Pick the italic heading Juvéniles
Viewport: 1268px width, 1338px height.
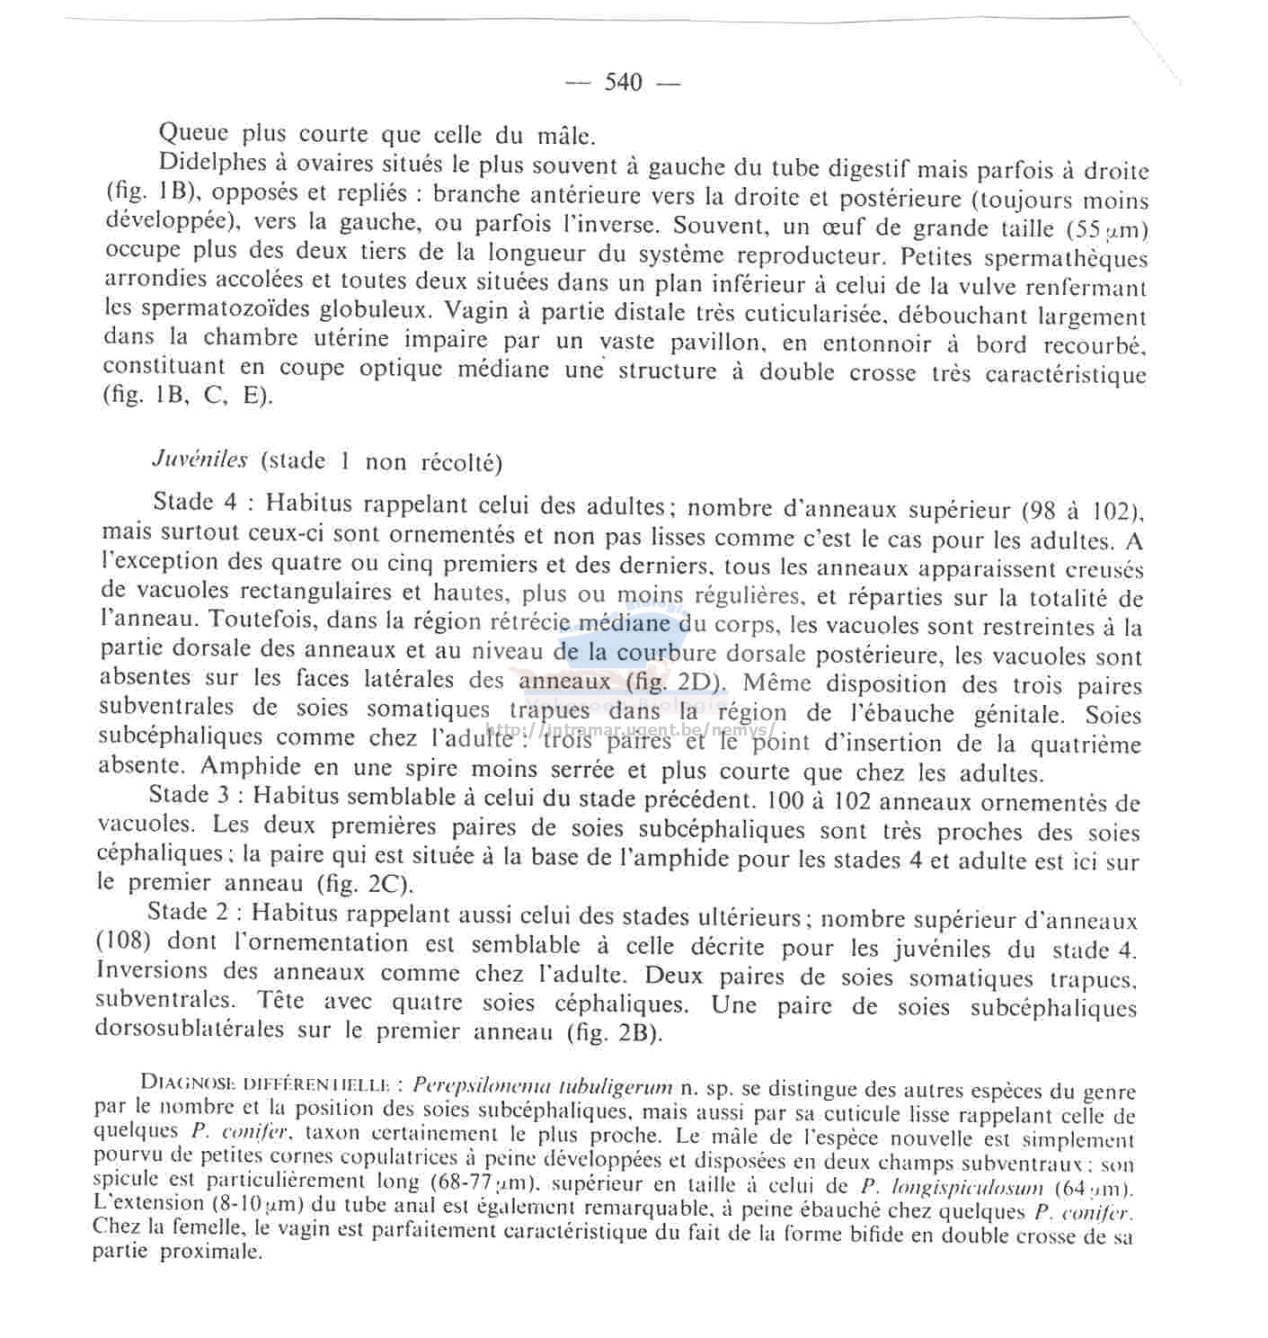[x=200, y=459]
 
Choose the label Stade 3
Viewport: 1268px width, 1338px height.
[x=194, y=795]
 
